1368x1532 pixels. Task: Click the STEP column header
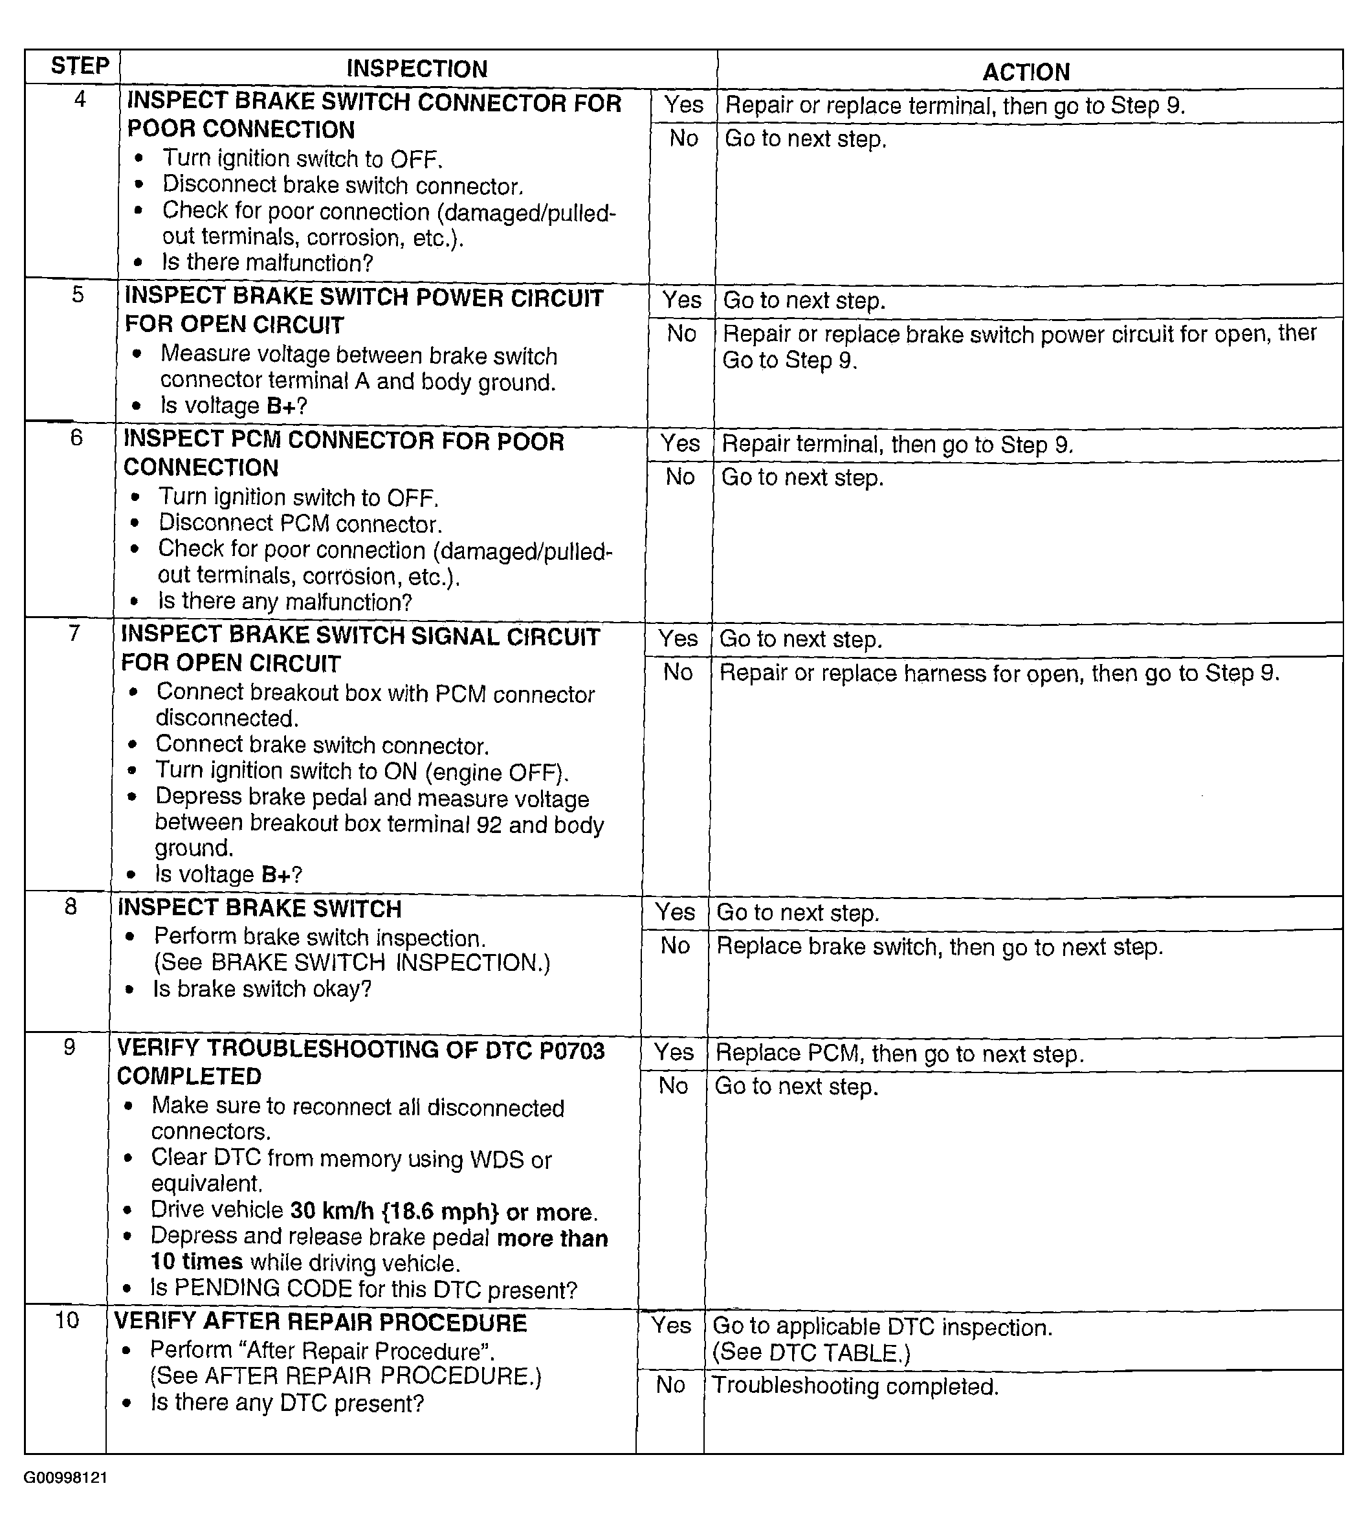tap(80, 66)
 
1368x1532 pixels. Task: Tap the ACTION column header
tap(1026, 72)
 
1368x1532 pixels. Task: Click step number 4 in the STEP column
tap(80, 99)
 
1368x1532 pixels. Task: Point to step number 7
tap(74, 634)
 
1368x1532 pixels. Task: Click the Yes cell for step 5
tap(682, 300)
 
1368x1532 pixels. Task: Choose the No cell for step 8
tap(675, 946)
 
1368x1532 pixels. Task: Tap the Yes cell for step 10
tap(670, 1326)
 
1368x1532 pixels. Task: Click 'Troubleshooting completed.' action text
tap(855, 1386)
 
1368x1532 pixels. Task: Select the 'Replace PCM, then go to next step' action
tap(899, 1053)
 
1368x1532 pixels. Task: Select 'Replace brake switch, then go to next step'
tap(940, 946)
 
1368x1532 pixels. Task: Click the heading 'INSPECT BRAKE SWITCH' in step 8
tap(260, 908)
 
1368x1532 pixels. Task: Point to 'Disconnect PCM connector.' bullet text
tap(300, 524)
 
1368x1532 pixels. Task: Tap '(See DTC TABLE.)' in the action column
tap(811, 1353)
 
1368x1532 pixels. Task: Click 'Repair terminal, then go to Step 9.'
tap(898, 444)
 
